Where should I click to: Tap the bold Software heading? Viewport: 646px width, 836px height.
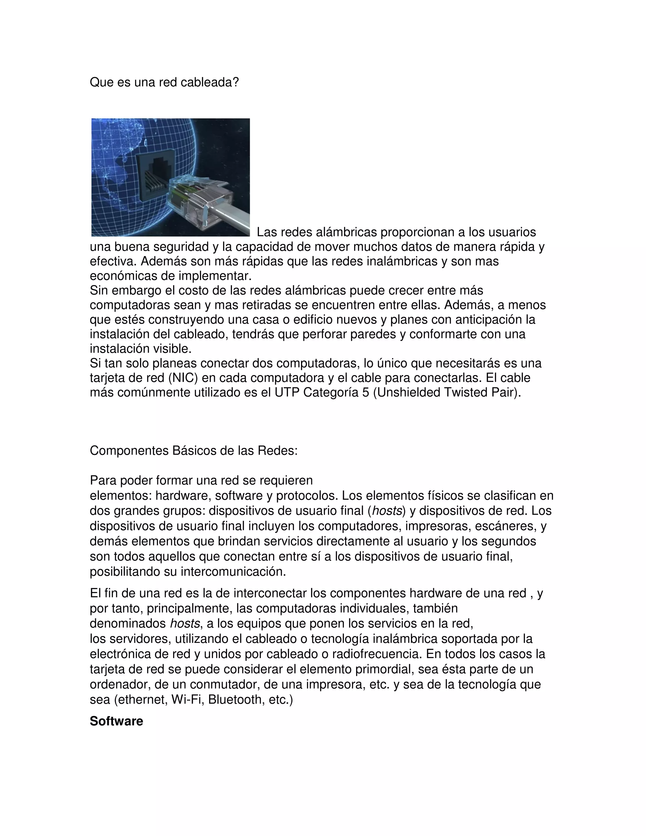(x=116, y=721)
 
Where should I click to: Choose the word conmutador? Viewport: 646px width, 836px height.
(x=226, y=685)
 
